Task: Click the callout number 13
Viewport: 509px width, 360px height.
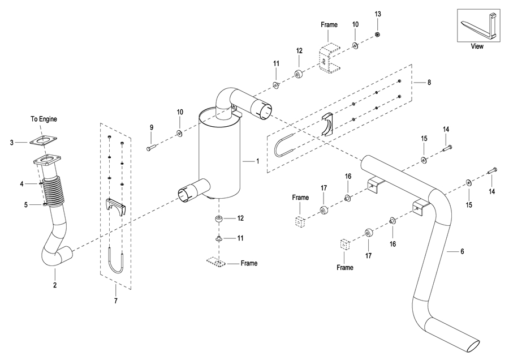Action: click(378, 14)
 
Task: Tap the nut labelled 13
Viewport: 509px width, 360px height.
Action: click(378, 35)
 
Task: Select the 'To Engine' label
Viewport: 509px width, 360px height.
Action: click(44, 119)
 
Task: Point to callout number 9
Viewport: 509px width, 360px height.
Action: click(152, 128)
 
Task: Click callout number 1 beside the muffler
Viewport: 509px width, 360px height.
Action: click(257, 161)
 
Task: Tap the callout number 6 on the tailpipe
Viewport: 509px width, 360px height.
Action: click(462, 251)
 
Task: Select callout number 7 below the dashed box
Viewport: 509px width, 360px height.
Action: click(115, 301)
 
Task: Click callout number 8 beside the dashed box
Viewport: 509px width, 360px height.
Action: click(429, 83)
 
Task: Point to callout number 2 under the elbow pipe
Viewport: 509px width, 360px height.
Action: click(55, 285)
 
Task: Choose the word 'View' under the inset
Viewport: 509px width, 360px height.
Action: click(477, 46)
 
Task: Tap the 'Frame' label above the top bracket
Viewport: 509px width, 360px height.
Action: click(329, 25)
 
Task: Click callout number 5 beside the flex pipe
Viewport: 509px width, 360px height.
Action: click(25, 204)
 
